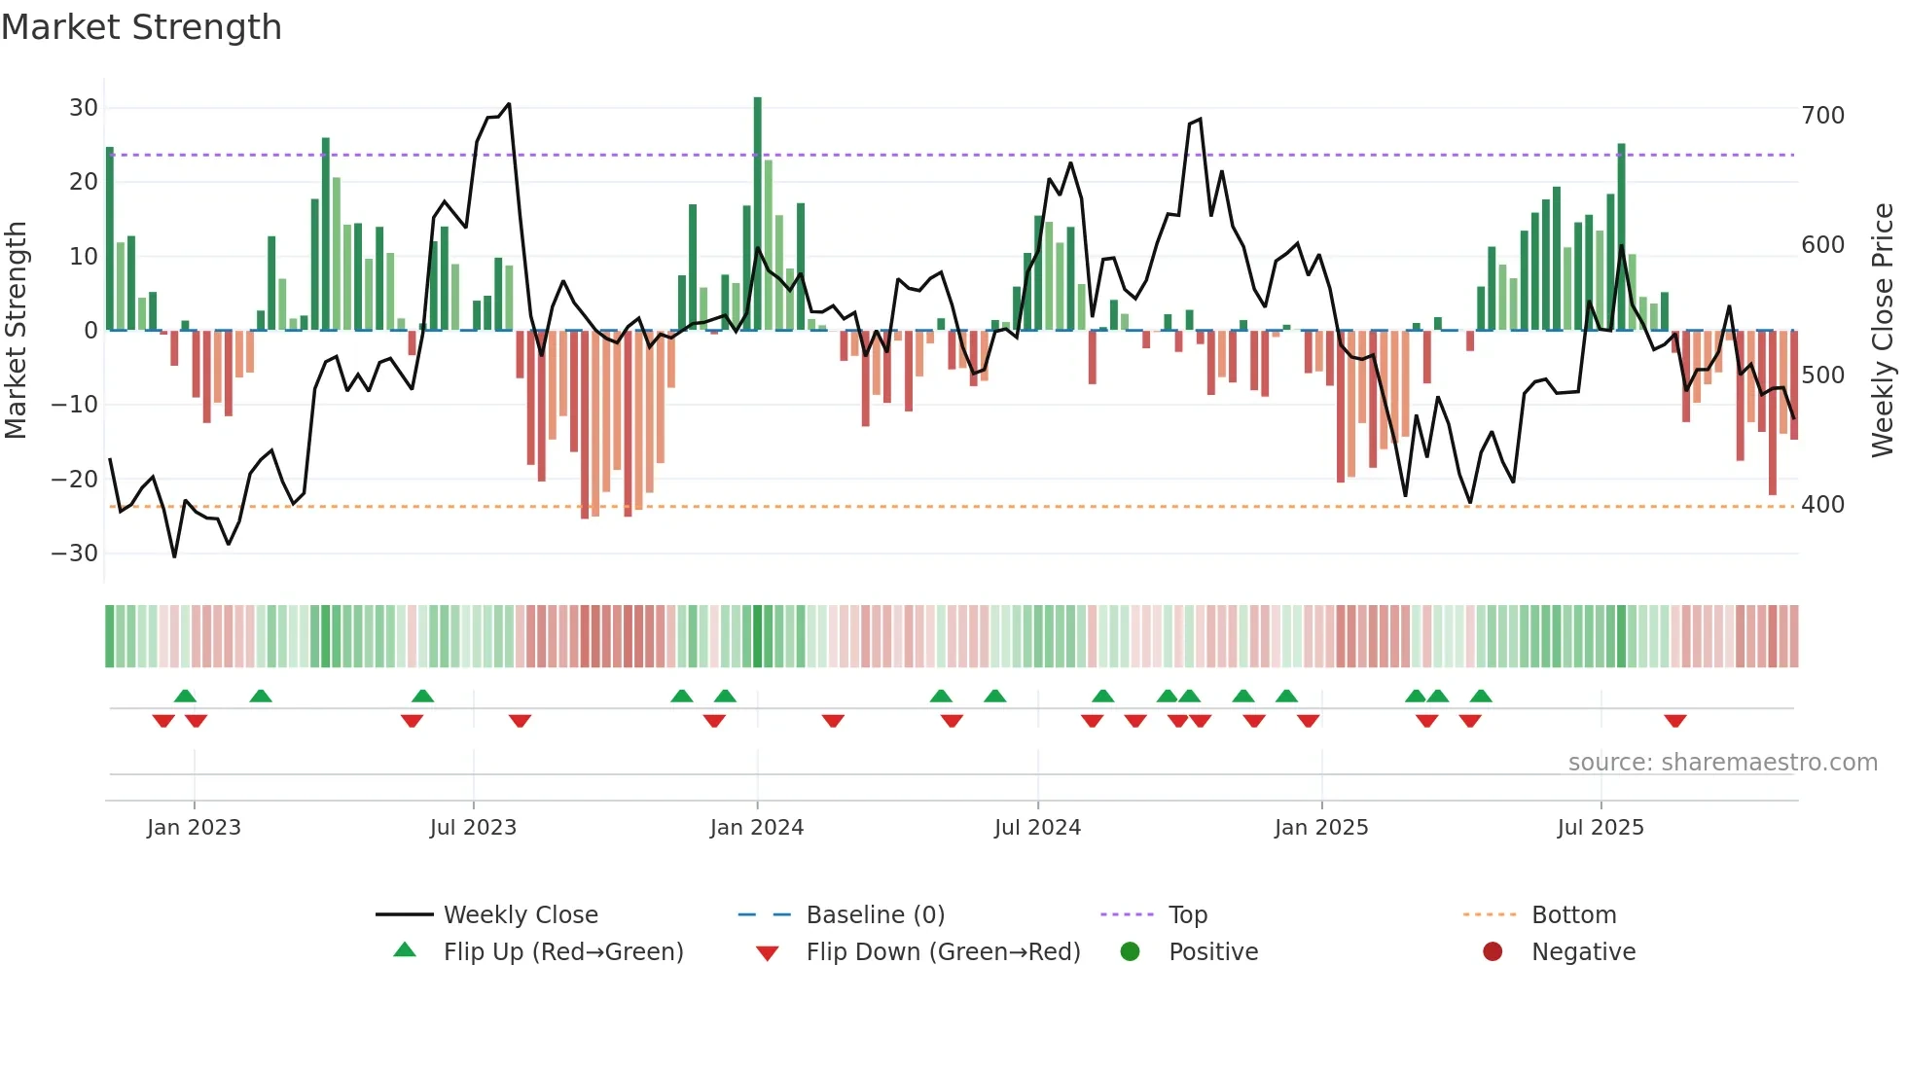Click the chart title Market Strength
click(x=141, y=27)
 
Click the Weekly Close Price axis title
click(x=1884, y=330)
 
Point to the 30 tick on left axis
click(x=84, y=108)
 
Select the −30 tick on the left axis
click(x=75, y=554)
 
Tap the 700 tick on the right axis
click(x=1822, y=116)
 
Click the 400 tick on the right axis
click(x=1822, y=505)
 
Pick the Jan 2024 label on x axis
click(x=757, y=828)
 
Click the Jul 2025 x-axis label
click(x=1601, y=828)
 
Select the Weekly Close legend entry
click(x=521, y=915)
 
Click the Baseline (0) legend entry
click(x=875, y=915)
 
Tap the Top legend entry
click(x=1187, y=915)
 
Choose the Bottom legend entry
click(x=1573, y=915)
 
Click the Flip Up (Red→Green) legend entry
click(x=562, y=952)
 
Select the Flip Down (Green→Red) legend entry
click(x=942, y=952)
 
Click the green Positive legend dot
click(x=1130, y=951)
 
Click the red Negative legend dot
click(x=1493, y=951)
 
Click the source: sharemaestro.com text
click(x=1722, y=763)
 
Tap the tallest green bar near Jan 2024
click(x=758, y=214)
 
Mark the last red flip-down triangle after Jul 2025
click(x=1674, y=721)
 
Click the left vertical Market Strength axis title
click(x=16, y=330)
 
